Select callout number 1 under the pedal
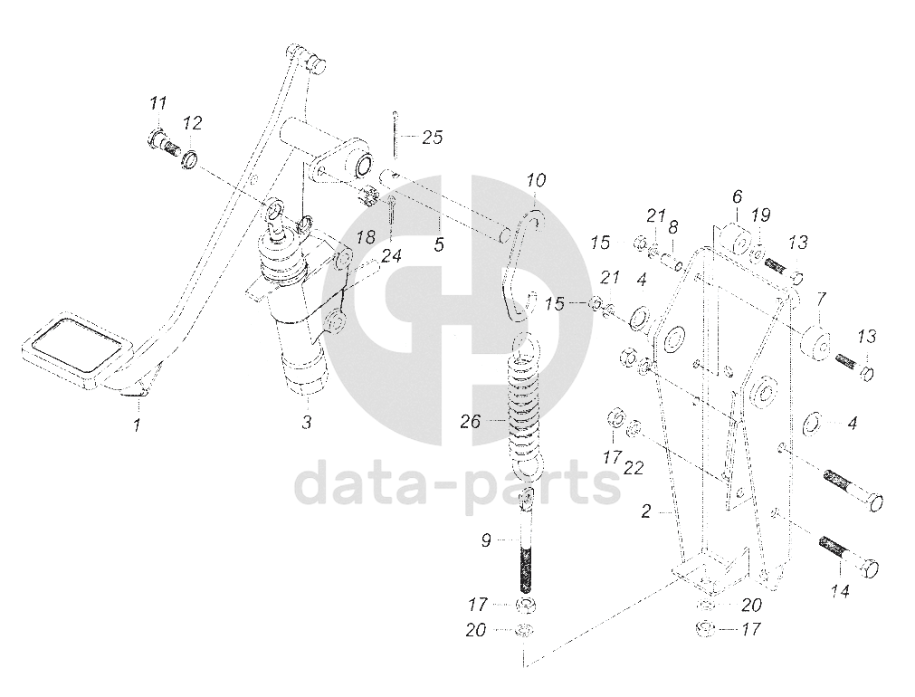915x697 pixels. click(137, 424)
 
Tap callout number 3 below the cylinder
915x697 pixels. click(306, 423)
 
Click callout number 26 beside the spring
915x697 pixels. click(470, 421)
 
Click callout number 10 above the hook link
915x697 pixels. click(536, 181)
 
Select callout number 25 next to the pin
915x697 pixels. click(433, 138)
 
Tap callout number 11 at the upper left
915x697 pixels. click(157, 103)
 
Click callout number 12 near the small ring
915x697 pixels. click(192, 122)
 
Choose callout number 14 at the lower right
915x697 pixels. click(841, 593)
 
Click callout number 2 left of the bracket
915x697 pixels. click(646, 512)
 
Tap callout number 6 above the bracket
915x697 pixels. click(736, 196)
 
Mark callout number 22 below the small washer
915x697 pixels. click(634, 467)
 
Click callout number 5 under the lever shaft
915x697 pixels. click(439, 244)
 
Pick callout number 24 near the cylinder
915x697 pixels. click(391, 256)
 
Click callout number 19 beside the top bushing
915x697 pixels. click(761, 215)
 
